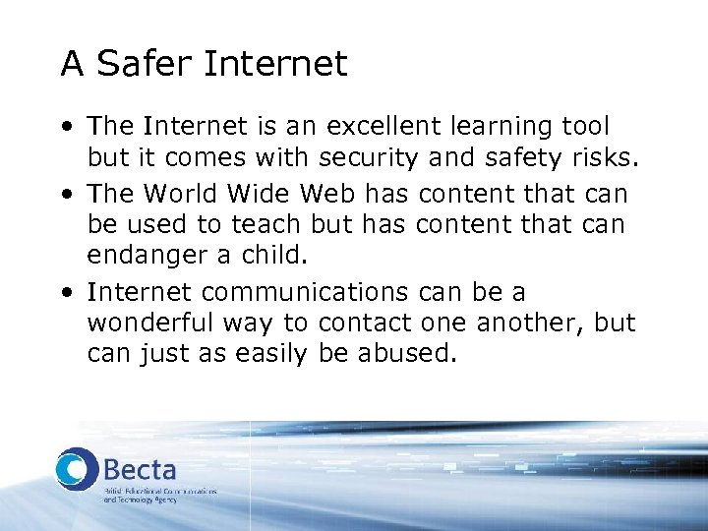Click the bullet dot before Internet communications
[x=65, y=293]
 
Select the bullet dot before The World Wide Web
[x=65, y=195]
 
